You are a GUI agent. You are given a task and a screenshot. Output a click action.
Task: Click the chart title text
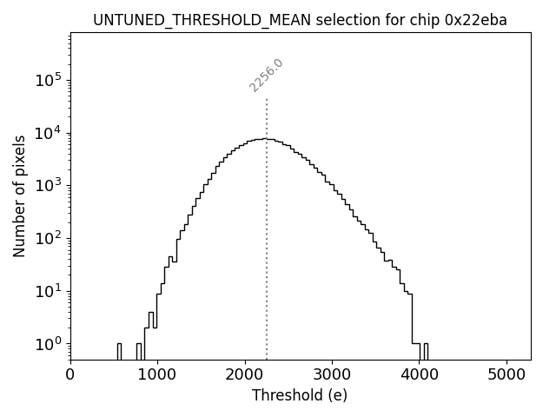point(300,20)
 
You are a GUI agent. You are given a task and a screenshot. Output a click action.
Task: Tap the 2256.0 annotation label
point(266,76)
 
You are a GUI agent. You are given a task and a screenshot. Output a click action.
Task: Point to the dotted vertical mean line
point(267,226)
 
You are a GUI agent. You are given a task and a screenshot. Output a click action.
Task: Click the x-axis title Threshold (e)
point(300,395)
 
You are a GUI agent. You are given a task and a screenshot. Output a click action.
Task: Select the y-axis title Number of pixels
point(19,195)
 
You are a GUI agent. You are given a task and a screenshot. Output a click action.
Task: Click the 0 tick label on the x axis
point(70,375)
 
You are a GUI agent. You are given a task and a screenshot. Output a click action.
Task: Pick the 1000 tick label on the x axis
point(157,375)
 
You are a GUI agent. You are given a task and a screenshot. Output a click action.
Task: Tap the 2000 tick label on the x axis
point(245,375)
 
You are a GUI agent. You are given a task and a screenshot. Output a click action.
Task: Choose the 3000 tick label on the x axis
point(333,375)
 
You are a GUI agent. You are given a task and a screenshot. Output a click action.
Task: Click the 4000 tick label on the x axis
point(420,375)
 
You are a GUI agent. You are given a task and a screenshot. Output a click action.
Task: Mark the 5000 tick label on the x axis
point(507,375)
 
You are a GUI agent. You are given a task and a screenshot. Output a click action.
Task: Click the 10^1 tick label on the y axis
point(48,290)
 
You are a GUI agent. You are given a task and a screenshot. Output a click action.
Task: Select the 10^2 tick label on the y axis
point(48,237)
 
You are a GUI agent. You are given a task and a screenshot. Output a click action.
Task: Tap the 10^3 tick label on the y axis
point(48,185)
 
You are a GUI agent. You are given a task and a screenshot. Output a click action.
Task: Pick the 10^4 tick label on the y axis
point(48,132)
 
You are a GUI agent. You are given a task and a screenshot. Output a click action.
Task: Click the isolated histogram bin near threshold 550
point(119,351)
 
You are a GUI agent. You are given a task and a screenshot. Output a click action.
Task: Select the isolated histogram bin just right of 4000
point(426,351)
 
